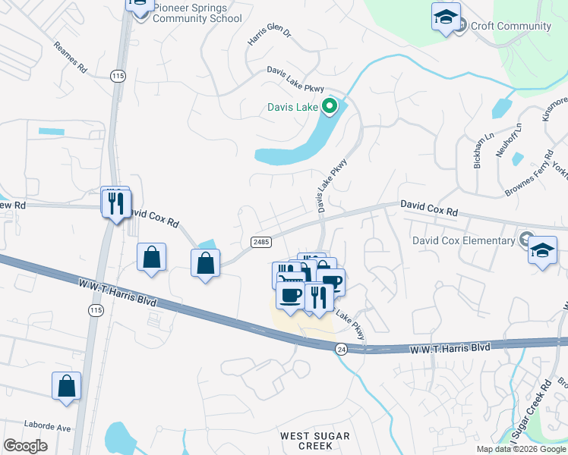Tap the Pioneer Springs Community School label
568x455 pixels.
[197, 13]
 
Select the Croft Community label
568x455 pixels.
[510, 26]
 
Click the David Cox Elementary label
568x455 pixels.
[463, 240]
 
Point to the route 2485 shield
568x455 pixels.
[260, 241]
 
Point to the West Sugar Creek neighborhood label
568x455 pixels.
[315, 441]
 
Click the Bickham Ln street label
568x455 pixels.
[480, 155]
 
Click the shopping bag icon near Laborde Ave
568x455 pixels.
[66, 385]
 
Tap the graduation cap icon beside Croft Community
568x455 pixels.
[446, 16]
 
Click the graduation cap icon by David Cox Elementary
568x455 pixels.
[542, 249]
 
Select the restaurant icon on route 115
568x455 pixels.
[116, 203]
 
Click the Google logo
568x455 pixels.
[25, 446]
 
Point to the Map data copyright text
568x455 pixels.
[521, 449]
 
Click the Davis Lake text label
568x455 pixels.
[292, 107]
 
